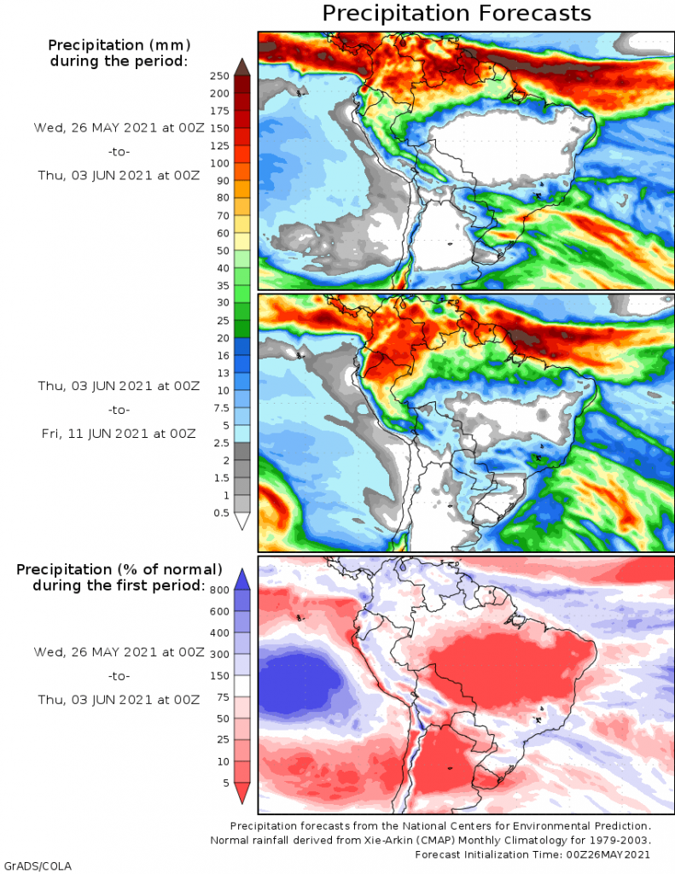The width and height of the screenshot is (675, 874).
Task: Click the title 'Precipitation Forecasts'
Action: (x=457, y=14)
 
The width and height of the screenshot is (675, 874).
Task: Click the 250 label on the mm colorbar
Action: (x=219, y=76)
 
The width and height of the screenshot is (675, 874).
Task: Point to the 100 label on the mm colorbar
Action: (x=219, y=163)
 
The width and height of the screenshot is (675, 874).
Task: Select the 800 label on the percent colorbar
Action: (x=219, y=589)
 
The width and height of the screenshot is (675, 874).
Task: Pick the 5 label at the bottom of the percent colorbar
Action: (x=225, y=783)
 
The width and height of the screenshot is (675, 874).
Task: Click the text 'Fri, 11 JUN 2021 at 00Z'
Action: (x=119, y=434)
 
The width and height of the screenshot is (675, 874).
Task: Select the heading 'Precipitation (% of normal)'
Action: (x=119, y=569)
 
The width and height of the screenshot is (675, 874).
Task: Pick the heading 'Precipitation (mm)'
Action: (x=119, y=44)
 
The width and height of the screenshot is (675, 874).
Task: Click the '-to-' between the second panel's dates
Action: (x=119, y=410)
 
